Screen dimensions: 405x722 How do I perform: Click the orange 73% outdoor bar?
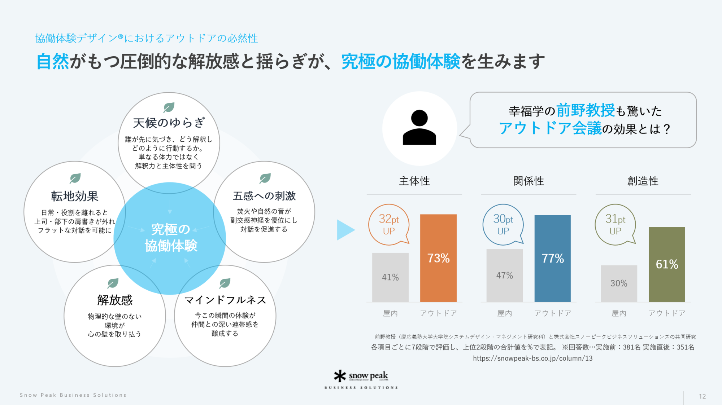click(x=438, y=258)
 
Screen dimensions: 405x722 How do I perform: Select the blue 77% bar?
click(x=552, y=258)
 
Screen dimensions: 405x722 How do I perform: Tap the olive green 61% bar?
click(x=667, y=264)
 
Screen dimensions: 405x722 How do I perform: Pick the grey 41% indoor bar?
click(x=390, y=277)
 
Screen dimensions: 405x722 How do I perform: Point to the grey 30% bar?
click(x=619, y=283)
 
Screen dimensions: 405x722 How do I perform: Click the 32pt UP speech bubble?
click(x=389, y=224)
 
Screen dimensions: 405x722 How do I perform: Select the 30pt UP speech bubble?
click(x=503, y=224)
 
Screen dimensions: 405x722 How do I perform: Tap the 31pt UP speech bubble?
click(x=615, y=224)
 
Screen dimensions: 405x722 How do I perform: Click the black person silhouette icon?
click(x=419, y=128)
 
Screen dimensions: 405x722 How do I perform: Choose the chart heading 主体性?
click(x=414, y=181)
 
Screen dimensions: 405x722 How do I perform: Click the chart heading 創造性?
click(x=643, y=181)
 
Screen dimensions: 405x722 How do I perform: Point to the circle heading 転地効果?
click(x=75, y=196)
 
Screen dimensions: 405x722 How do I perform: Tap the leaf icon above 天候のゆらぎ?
click(x=169, y=107)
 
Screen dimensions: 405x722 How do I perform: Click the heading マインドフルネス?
click(x=225, y=300)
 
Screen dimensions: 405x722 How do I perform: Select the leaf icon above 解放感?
click(x=113, y=283)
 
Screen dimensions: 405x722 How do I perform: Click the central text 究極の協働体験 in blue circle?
click(x=171, y=238)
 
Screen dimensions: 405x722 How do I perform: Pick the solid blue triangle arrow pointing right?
click(x=345, y=230)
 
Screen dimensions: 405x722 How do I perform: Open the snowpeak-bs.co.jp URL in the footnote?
click(x=532, y=358)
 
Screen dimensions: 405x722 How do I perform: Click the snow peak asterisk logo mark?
click(x=340, y=376)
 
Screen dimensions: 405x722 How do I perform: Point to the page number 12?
click(x=702, y=396)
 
